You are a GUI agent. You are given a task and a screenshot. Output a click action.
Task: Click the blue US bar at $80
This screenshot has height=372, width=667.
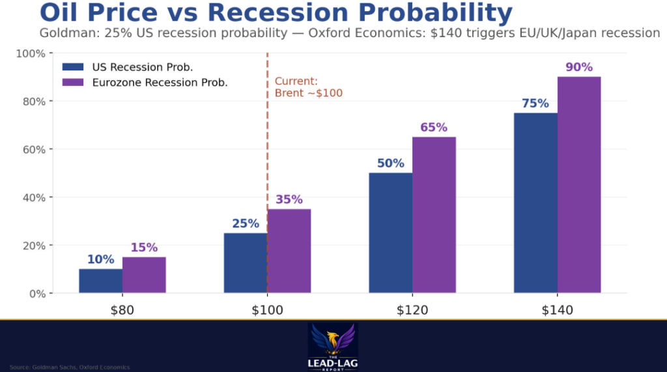[100, 281]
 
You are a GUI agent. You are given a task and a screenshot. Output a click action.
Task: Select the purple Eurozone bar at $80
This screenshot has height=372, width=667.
[144, 275]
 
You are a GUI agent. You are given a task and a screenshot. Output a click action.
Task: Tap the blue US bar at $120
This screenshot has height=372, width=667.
[390, 233]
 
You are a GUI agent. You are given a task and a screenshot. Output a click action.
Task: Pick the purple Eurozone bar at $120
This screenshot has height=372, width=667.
[434, 214]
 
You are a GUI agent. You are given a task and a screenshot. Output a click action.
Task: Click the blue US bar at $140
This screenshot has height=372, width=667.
[535, 203]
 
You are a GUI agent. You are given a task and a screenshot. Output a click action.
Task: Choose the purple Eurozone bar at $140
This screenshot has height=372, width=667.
[579, 184]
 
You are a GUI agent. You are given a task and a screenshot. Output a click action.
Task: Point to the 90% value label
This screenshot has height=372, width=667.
[579, 67]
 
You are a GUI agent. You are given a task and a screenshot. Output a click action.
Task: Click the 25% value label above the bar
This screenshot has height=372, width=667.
[246, 223]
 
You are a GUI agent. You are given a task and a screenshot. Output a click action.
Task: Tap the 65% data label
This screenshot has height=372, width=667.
[434, 127]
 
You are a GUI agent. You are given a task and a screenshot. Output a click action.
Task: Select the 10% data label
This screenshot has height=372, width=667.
[100, 259]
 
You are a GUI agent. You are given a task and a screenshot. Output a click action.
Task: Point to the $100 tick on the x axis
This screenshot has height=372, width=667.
[268, 310]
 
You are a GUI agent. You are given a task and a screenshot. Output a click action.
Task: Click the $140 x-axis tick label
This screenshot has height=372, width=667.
[558, 310]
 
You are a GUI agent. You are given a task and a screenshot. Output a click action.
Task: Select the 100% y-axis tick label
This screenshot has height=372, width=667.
[30, 53]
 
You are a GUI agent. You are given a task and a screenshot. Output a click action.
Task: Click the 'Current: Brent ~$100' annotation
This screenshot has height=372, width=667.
[308, 87]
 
